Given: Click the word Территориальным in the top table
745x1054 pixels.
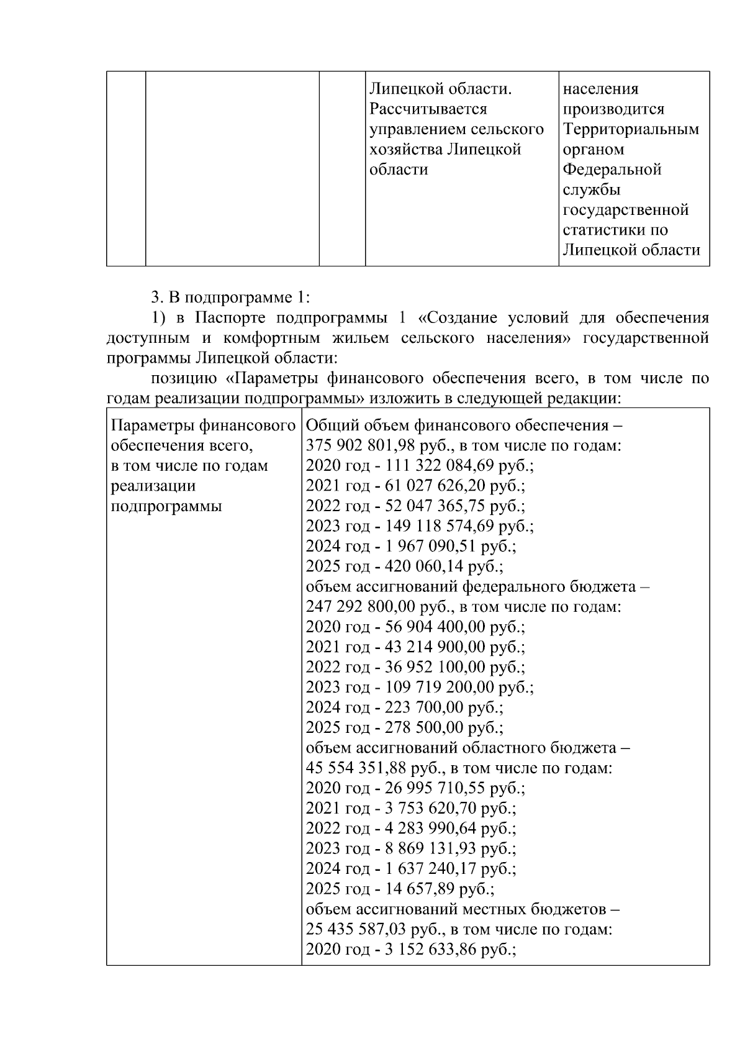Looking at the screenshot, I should pyautogui.click(x=631, y=129).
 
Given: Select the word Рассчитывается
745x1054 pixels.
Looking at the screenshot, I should pyautogui.click(x=428, y=109).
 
